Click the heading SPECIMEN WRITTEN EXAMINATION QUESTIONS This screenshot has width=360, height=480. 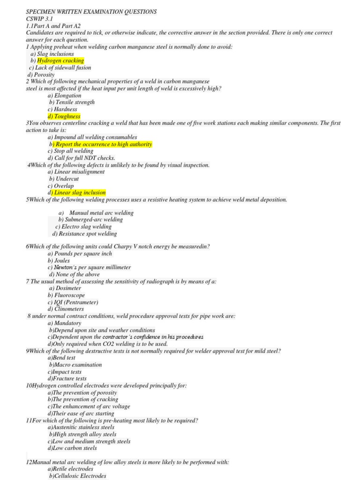click(x=91, y=11)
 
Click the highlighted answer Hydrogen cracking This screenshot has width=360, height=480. click(x=60, y=60)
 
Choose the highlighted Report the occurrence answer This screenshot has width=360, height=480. click(x=104, y=144)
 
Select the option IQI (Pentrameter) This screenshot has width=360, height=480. click(x=76, y=302)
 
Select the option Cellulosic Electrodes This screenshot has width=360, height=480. click(x=81, y=476)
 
